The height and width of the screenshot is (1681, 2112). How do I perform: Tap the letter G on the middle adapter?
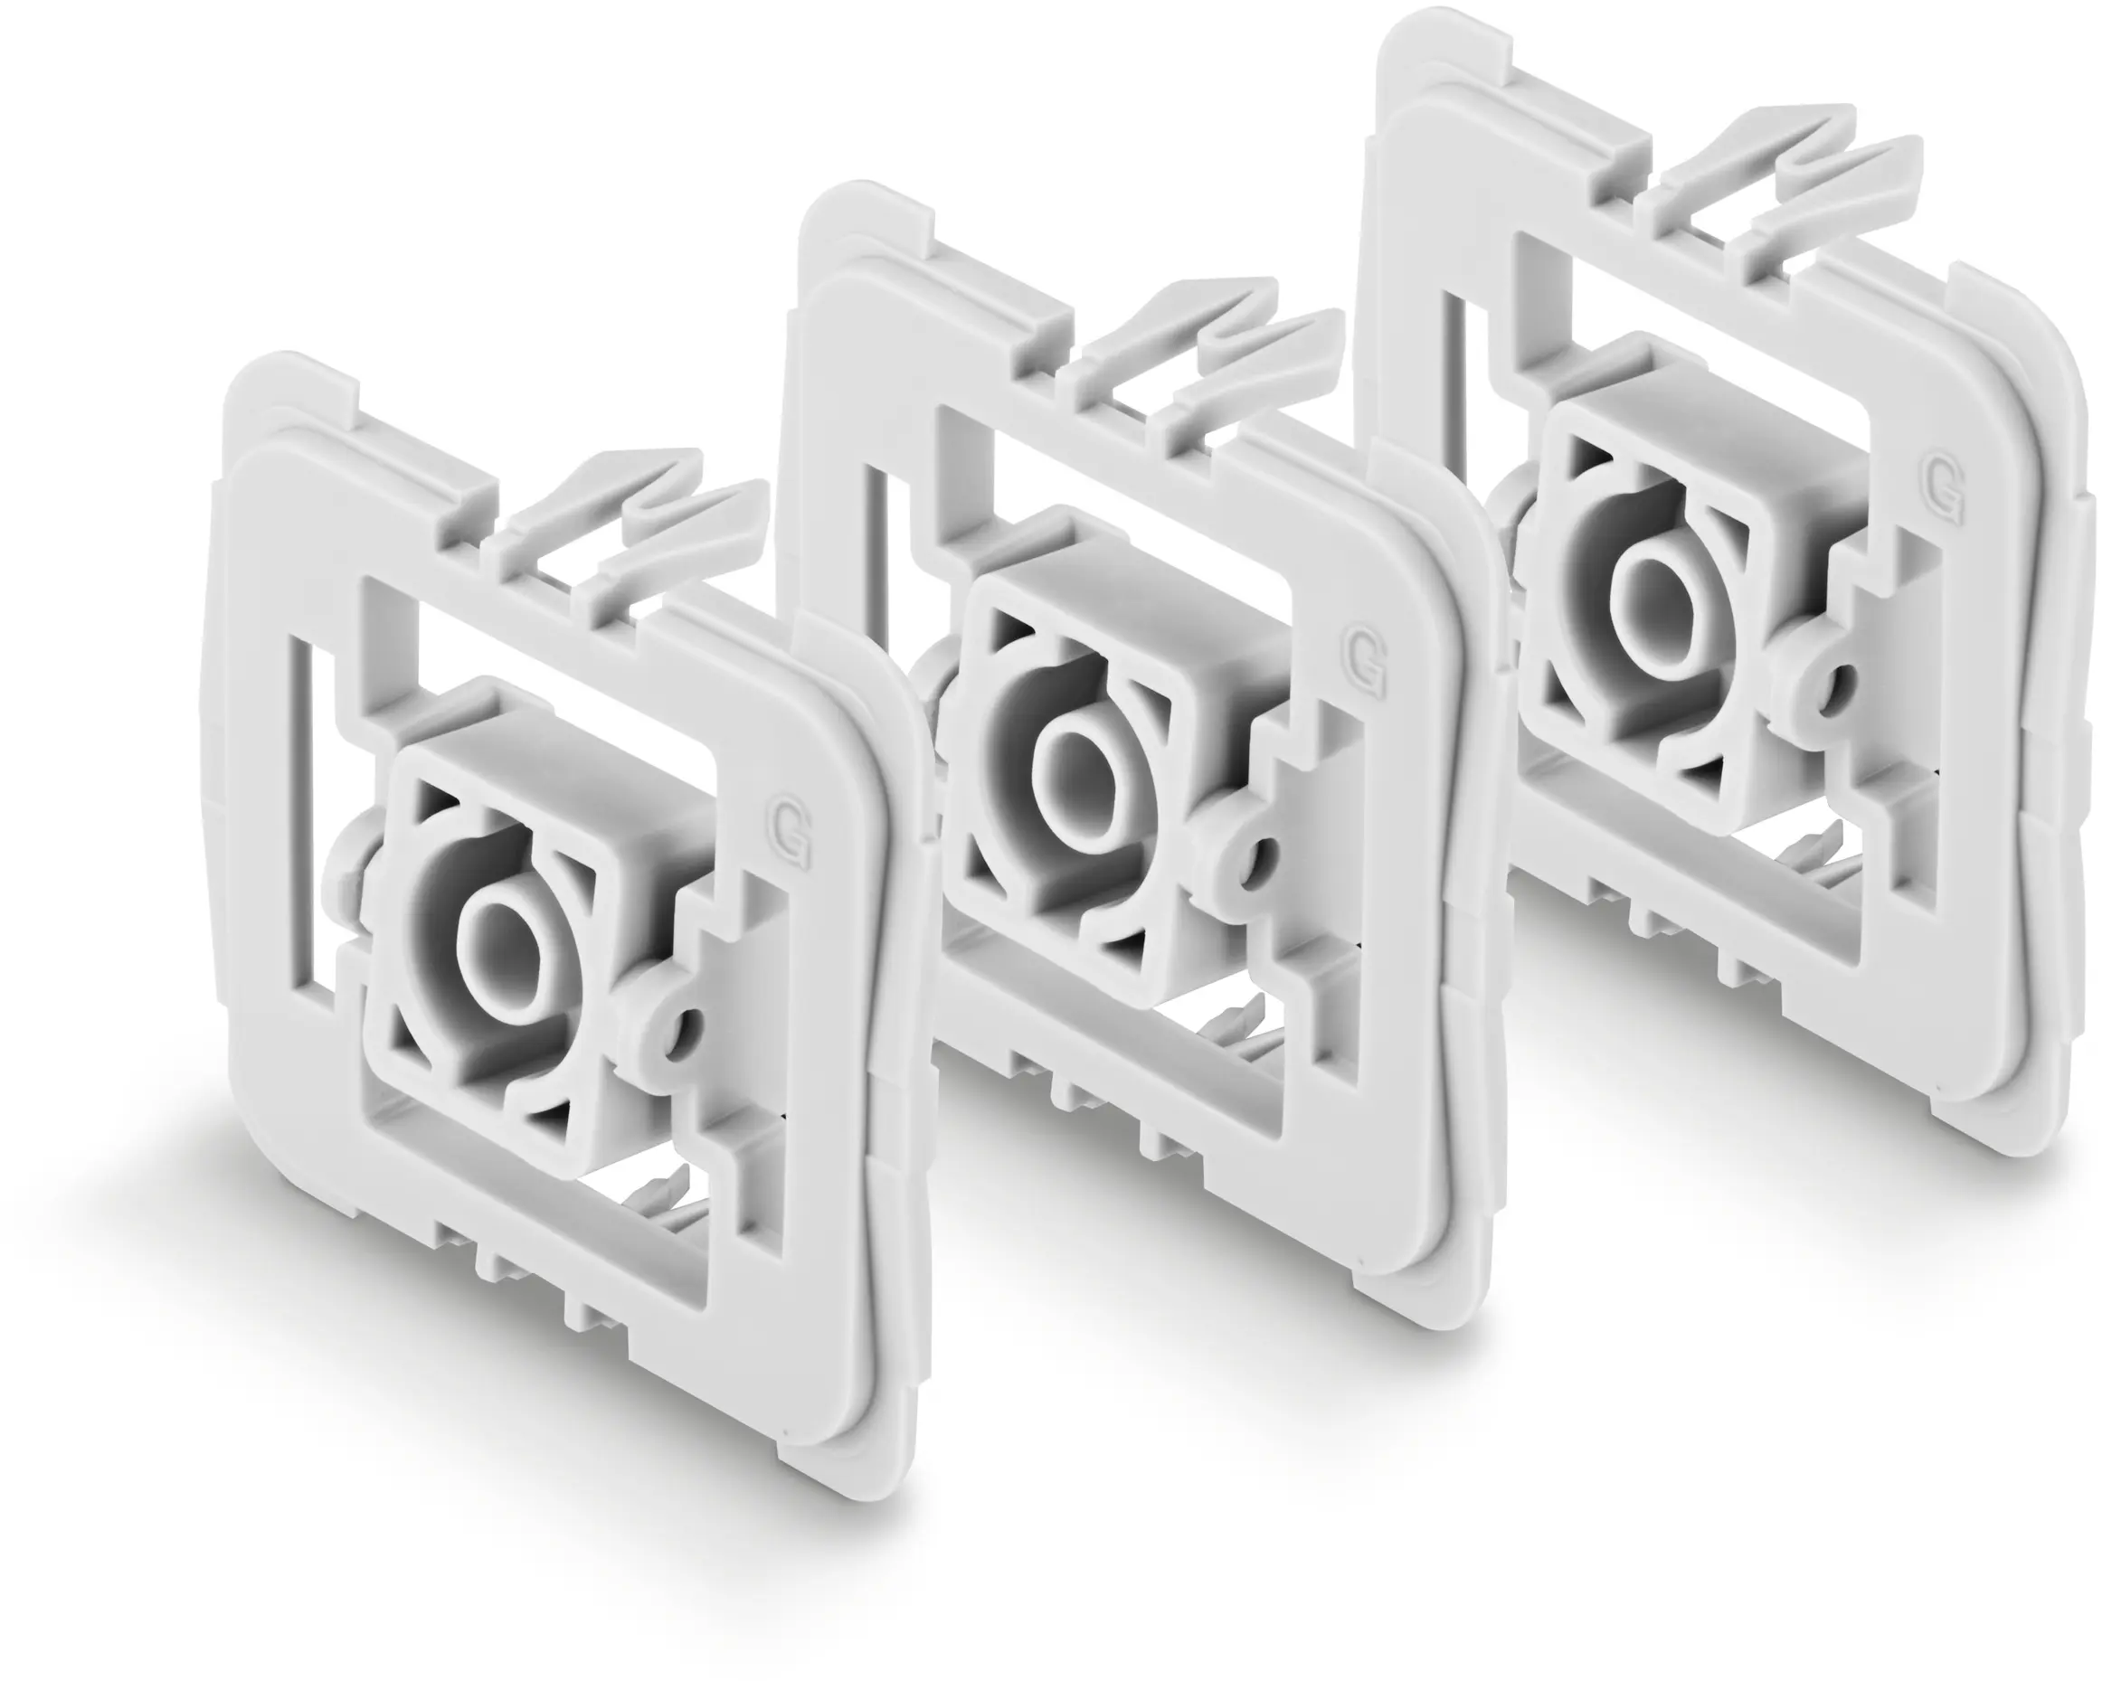[1365, 663]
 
